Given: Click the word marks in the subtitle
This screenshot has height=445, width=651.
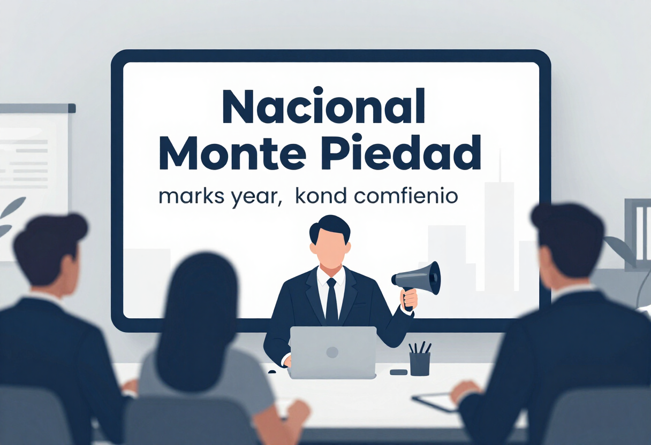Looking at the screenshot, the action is coord(191,197).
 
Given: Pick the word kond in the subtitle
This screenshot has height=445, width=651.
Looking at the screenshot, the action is coord(321,197).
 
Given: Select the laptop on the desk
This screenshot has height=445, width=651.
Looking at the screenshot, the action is coord(333,352).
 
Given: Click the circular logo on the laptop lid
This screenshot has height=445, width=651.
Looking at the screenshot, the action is coord(332,352).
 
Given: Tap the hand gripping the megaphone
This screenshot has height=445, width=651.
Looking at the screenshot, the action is coord(409,301).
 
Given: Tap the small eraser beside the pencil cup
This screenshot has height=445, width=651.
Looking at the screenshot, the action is coord(398,372).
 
